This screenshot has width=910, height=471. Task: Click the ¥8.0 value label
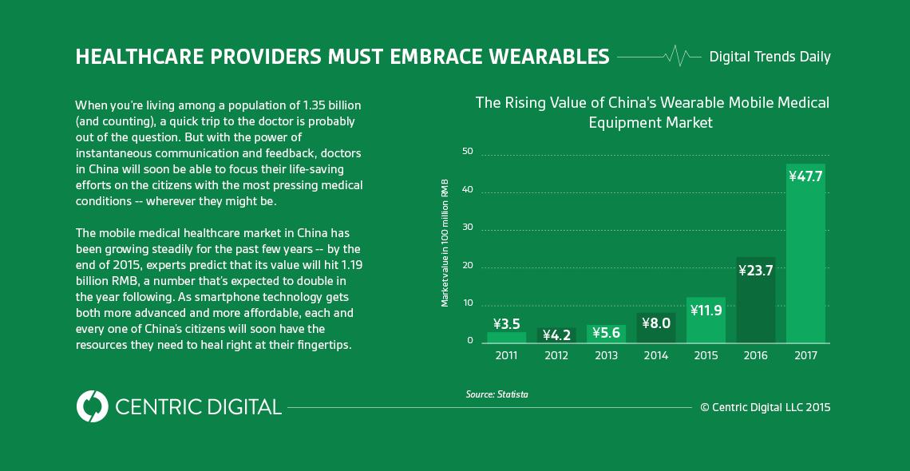click(656, 323)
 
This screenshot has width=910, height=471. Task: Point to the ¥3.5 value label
click(507, 324)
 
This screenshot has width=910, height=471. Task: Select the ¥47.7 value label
click(805, 176)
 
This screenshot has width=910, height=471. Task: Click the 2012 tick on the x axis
click(556, 355)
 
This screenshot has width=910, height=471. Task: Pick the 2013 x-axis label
click(606, 355)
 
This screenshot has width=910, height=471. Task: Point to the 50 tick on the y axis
click(468, 151)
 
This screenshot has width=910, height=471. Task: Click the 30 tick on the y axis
click(468, 227)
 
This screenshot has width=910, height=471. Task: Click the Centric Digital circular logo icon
click(93, 406)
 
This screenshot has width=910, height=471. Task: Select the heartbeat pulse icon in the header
click(677, 56)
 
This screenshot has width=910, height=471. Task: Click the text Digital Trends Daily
click(770, 57)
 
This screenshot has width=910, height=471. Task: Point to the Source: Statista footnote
click(497, 394)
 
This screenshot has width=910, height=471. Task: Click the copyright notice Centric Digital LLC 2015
click(765, 407)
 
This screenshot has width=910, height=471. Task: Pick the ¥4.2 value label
click(556, 334)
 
